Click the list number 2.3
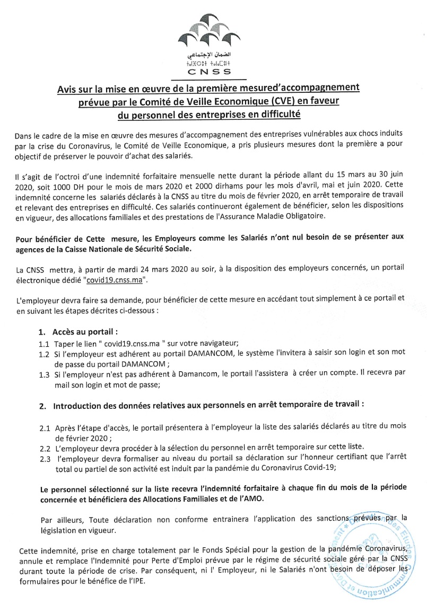click(x=45, y=459)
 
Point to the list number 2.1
click(x=45, y=427)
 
